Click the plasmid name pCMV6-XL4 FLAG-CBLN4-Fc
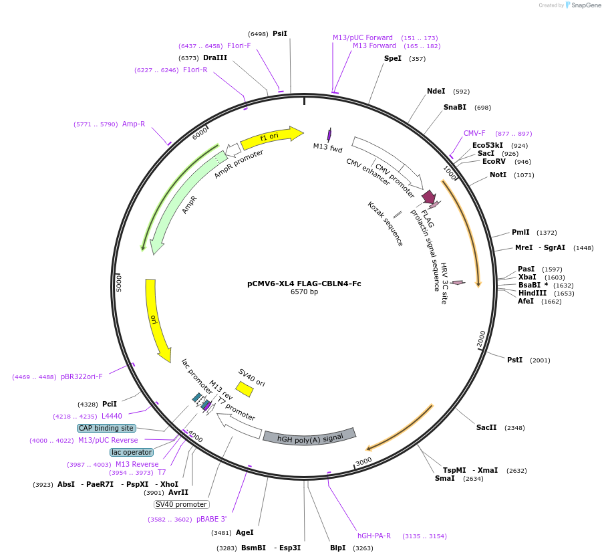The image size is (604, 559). (304, 284)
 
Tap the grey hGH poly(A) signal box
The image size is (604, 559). (309, 437)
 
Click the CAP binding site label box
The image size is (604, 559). (106, 428)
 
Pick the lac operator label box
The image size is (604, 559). (131, 452)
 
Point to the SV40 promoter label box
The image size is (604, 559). (181, 504)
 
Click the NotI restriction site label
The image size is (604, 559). (498, 175)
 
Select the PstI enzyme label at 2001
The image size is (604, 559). (514, 360)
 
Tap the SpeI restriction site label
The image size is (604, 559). (393, 58)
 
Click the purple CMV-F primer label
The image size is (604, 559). (474, 133)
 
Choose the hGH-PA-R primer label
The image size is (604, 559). (374, 536)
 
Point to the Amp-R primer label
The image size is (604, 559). (134, 124)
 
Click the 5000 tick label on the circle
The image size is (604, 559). (119, 282)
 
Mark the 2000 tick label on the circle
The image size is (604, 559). (481, 340)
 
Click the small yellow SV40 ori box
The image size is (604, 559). (245, 388)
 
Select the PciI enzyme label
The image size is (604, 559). (110, 404)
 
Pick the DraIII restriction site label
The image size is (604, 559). (215, 58)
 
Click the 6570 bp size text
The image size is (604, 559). (304, 292)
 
